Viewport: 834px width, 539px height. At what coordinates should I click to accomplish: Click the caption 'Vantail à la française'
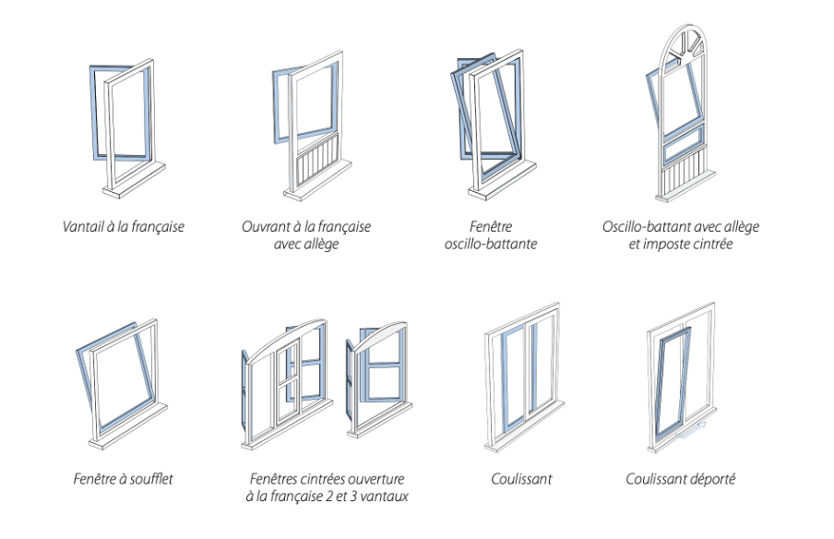tap(123, 226)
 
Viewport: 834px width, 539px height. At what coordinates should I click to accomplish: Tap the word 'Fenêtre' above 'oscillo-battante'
tap(490, 226)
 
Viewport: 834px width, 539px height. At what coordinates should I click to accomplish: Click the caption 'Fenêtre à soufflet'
tap(123, 478)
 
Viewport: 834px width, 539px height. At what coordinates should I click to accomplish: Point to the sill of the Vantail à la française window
tap(134, 174)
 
